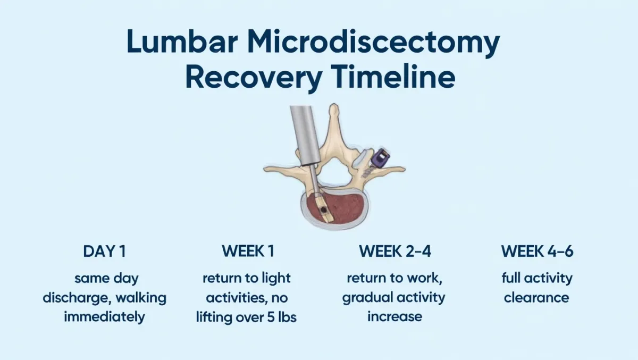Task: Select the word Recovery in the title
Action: click(254, 77)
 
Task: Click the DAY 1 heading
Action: click(105, 251)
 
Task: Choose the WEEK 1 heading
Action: click(248, 251)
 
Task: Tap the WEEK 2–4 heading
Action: click(394, 251)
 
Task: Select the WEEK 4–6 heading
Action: click(537, 251)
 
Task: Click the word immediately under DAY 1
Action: click(104, 316)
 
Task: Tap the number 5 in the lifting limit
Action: click(271, 317)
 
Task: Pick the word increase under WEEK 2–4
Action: click(394, 317)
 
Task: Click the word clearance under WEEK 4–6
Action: click(536, 298)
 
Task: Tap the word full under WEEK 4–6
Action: click(511, 278)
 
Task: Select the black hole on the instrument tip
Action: click(324, 210)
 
